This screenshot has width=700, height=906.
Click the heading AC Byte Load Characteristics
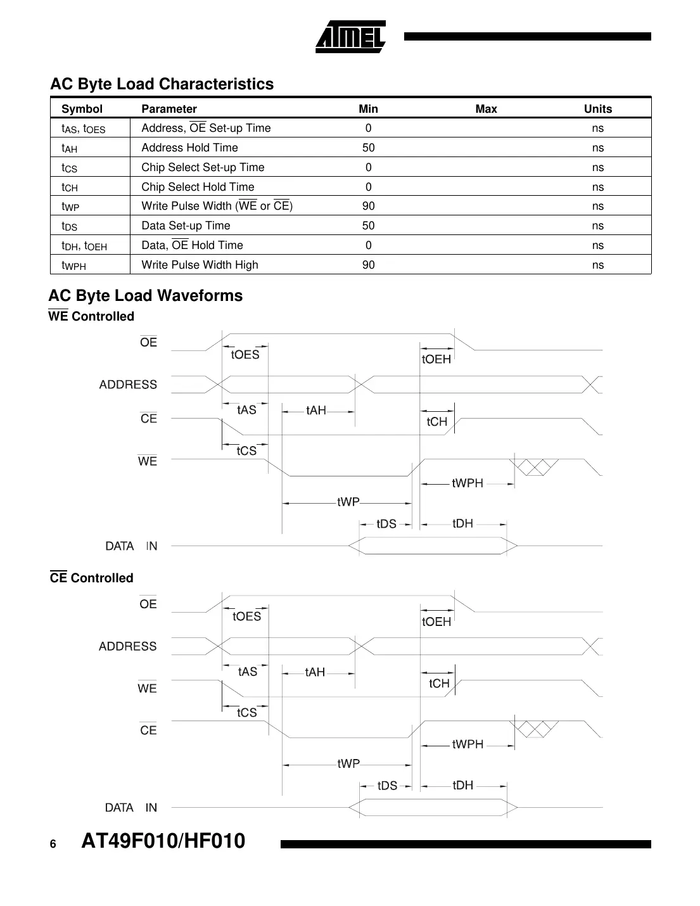point(162,84)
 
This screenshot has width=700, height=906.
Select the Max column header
point(486,109)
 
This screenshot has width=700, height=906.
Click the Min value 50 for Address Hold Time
point(368,148)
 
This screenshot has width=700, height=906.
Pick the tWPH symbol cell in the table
point(73,265)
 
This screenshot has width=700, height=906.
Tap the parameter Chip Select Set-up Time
point(203,167)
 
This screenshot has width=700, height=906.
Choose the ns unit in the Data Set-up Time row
point(597,226)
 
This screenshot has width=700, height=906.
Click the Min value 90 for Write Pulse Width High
point(368,265)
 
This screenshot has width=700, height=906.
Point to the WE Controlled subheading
point(91,316)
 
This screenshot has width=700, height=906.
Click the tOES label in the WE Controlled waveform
point(245,355)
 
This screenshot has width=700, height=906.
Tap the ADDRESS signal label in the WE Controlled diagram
point(128,385)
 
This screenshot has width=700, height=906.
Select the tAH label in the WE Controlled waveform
point(316,411)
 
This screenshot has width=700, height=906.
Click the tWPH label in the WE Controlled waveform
point(468,483)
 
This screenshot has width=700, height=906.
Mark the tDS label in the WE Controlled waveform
point(386,524)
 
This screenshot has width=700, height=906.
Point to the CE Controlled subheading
point(91,578)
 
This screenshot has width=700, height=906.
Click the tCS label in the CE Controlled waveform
point(246,713)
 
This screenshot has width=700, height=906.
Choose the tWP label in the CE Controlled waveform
point(348,763)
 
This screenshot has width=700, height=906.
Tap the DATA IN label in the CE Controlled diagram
point(131,808)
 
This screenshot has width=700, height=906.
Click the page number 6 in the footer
point(53,844)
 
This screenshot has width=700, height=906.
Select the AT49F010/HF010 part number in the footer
point(163,841)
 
